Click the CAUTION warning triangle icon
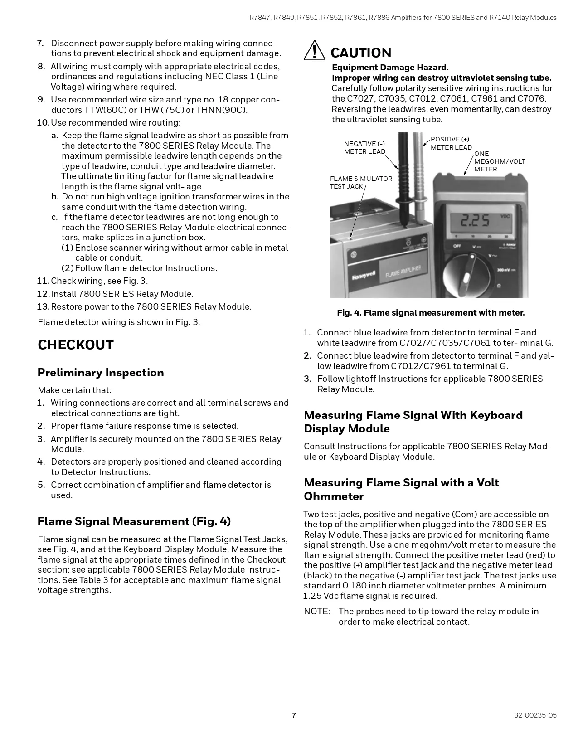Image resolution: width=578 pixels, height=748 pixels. [314, 51]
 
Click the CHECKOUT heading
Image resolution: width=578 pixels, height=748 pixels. [75, 345]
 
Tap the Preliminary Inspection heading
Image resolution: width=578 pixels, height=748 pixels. [101, 373]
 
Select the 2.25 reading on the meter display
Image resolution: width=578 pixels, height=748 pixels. [475, 221]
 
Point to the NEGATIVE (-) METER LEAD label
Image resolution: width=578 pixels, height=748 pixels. [364, 148]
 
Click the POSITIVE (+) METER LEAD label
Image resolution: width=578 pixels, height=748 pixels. [451, 143]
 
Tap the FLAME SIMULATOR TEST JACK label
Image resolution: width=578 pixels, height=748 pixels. [361, 182]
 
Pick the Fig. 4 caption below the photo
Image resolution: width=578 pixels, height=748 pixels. [431, 313]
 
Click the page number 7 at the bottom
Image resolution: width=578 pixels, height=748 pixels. [294, 715]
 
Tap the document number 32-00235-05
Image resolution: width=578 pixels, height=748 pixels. [535, 715]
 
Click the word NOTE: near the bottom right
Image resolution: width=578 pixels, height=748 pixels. [317, 612]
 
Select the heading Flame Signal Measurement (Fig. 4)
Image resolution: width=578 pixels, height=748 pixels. [134, 521]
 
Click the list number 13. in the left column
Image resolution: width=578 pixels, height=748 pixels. [43, 307]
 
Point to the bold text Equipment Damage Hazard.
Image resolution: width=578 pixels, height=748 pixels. [390, 68]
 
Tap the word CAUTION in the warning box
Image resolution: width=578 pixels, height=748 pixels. [361, 53]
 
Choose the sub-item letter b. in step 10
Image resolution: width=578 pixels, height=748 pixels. [55, 197]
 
